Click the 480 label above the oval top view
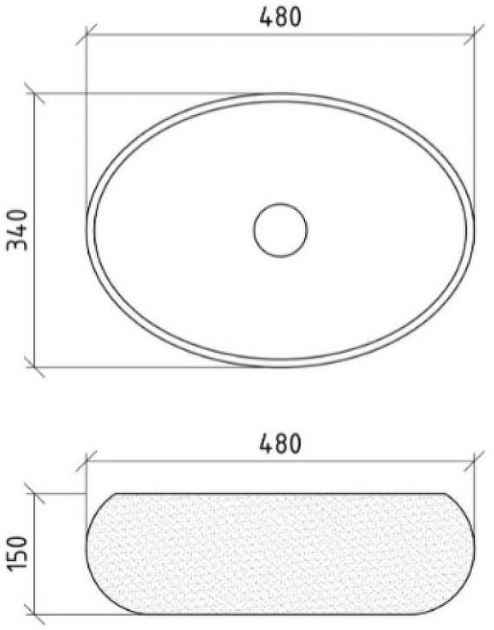[281, 17]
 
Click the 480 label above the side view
[281, 443]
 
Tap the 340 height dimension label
[18, 229]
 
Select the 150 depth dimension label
[18, 553]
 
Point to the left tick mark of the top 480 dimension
[86, 34]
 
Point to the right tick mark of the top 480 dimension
[474, 34]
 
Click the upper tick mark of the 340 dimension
[34, 94]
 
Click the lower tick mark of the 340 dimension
[34, 366]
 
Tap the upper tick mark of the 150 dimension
[34, 493]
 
